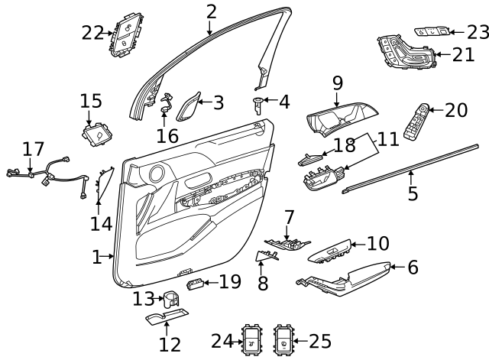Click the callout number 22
(92, 33)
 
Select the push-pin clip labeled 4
(258, 105)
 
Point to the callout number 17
(33, 149)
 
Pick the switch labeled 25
(283, 339)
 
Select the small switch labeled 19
(196, 284)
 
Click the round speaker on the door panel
(157, 174)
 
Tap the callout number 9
(338, 83)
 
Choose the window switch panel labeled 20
(416, 121)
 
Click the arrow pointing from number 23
(458, 32)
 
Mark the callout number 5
(413, 193)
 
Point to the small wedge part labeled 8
(266, 255)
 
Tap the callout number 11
(388, 139)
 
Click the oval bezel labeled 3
(188, 107)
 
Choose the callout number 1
(97, 257)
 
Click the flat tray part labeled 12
(167, 316)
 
